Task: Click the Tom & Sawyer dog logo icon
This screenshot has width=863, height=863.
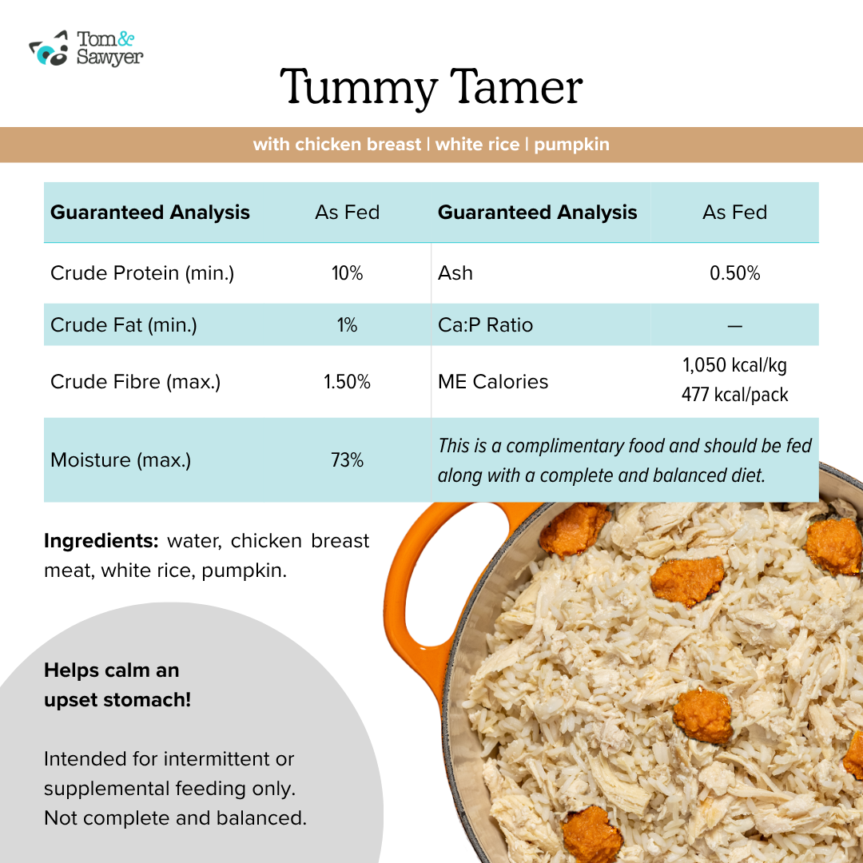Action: [49, 49]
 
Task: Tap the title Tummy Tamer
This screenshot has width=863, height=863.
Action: [431, 87]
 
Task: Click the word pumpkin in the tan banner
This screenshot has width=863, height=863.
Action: [571, 145]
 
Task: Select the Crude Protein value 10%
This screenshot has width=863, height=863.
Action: [348, 273]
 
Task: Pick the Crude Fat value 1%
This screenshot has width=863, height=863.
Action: [348, 324]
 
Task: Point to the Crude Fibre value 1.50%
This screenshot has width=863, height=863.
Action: [348, 382]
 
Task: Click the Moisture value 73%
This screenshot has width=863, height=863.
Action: [348, 460]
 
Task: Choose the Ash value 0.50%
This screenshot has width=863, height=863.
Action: [735, 273]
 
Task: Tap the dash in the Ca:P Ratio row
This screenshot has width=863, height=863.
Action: [735, 326]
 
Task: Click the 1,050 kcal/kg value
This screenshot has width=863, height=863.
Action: [735, 365]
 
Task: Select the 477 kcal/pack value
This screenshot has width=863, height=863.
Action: [735, 395]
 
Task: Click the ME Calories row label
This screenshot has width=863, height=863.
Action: [492, 382]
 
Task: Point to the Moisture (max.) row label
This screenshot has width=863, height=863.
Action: [121, 460]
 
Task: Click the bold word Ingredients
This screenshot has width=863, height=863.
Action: [101, 541]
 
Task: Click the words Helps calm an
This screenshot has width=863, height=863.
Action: [112, 670]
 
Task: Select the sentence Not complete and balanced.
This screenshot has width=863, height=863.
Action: [175, 818]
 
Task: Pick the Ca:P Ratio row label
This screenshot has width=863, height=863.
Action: [485, 324]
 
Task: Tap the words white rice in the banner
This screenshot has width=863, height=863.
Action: [477, 145]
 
